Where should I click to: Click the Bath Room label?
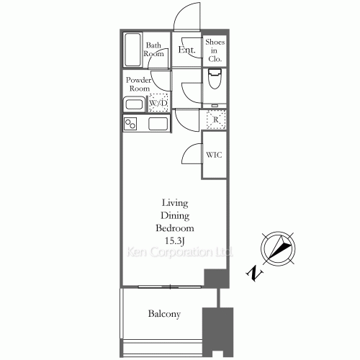pyautogui.click(x=153, y=49)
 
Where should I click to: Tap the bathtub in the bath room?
pyautogui.click(x=132, y=50)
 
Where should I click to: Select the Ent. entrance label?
pyautogui.click(x=187, y=50)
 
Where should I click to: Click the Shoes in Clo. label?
pyautogui.click(x=215, y=50)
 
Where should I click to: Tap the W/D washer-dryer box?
pyautogui.click(x=158, y=103)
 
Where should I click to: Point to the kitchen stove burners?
pyautogui.click(x=131, y=124)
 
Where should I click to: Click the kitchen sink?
pyautogui.click(x=158, y=124)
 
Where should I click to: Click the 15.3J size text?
pyautogui.click(x=174, y=240)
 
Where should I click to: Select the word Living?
pyautogui.click(x=174, y=202)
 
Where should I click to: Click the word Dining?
pyautogui.click(x=174, y=215)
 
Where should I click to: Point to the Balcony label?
pyautogui.click(x=164, y=315)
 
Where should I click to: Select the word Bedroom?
pyautogui.click(x=174, y=228)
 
